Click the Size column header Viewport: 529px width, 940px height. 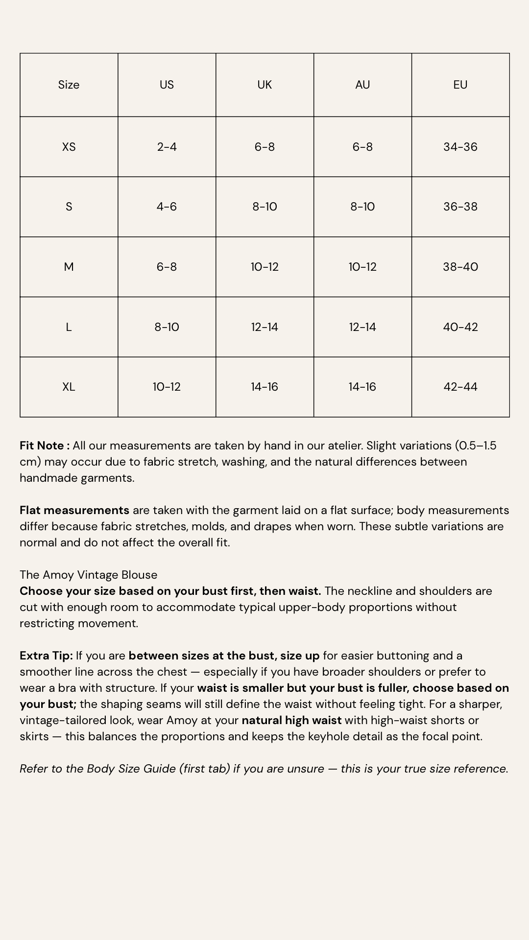point(69,85)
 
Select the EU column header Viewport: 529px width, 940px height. point(460,85)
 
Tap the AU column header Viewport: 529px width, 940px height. point(362,85)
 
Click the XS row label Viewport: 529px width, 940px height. point(69,147)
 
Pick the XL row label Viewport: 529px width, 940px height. point(69,387)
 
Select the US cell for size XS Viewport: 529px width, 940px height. point(167,147)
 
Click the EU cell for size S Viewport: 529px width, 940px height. point(460,207)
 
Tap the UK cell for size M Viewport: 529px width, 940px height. point(264,267)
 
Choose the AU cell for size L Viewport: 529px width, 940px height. point(362,327)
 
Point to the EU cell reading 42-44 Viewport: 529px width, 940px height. point(460,387)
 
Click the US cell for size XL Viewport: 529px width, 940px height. point(167,387)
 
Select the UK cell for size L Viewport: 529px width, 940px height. point(264,327)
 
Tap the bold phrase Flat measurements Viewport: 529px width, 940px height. point(74,510)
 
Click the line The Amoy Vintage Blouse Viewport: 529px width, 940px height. point(89,575)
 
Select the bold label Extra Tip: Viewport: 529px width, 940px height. point(46,656)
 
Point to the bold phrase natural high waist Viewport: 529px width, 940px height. point(291,720)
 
